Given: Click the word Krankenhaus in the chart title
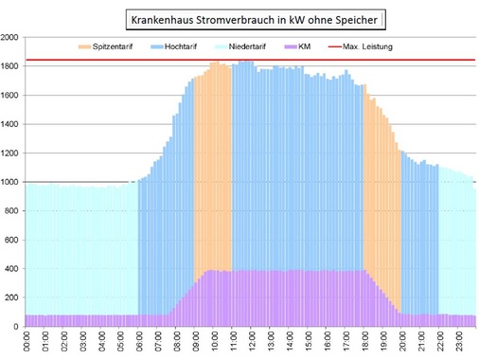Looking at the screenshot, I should pyautogui.click(x=164, y=19).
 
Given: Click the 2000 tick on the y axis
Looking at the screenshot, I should pyautogui.click(x=10, y=38).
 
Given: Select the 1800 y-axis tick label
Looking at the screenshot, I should pyautogui.click(x=10, y=66).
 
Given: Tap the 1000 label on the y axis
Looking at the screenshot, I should pyautogui.click(x=10, y=182).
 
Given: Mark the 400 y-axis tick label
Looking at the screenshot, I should pyautogui.click(x=12, y=269).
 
